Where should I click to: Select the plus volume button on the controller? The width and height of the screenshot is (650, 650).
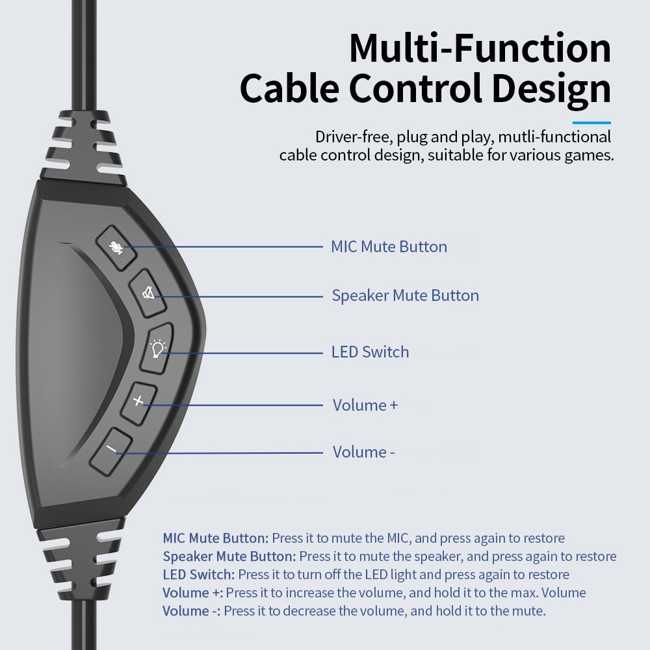tap(138, 401)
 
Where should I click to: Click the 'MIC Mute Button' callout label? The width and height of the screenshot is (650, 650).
tap(389, 247)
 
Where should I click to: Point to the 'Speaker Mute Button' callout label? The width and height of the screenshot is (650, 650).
tap(405, 296)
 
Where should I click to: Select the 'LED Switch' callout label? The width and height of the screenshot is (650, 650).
tap(370, 352)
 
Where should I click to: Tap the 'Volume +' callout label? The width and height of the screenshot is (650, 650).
tap(365, 406)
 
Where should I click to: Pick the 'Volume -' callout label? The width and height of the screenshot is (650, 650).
tap(363, 452)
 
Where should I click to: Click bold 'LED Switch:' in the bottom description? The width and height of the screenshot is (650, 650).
tap(199, 575)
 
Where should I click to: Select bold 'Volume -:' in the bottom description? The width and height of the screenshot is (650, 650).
tap(191, 611)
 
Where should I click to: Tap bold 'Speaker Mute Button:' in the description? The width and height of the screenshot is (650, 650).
tap(229, 556)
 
